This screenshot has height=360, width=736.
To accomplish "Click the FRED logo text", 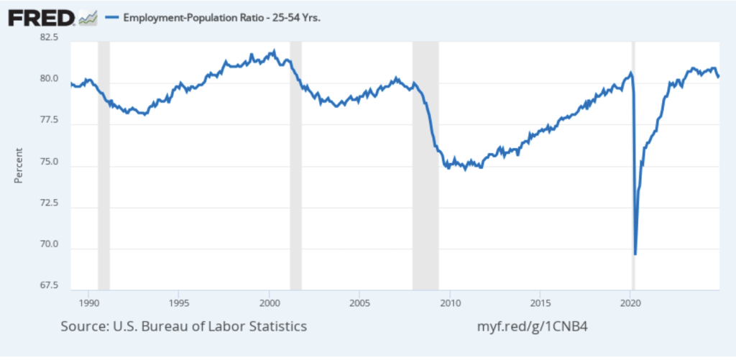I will [41, 17].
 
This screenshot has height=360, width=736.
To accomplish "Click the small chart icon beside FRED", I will [88, 17].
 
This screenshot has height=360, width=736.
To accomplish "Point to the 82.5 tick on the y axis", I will [49, 37].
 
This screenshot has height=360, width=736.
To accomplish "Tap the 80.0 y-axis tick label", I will [49, 79].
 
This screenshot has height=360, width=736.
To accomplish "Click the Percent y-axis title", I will [19, 165].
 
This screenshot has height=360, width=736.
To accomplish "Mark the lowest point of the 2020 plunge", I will [635, 254].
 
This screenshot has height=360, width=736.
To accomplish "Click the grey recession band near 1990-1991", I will [103, 165].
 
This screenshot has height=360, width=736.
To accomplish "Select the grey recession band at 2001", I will [295, 165].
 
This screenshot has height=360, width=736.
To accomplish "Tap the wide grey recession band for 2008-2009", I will [425, 165].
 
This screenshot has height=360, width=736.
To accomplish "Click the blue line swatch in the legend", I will [111, 18].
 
